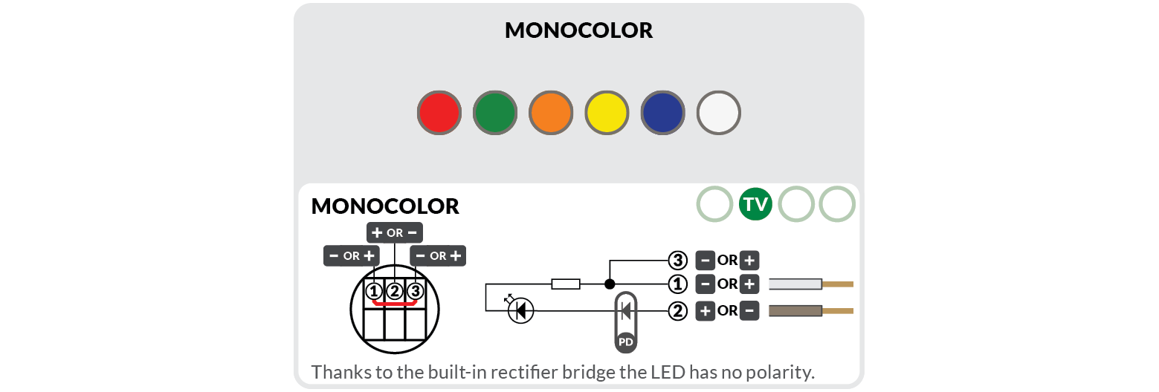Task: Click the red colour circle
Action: pos(439,114)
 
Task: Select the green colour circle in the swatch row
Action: pos(495,114)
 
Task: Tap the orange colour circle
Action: pos(551,114)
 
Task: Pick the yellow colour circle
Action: pos(607,114)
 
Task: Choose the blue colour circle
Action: pos(662,114)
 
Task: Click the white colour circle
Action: pos(719,114)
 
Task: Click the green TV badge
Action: pos(756,204)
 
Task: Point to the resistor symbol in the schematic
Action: pos(565,284)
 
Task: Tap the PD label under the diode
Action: pos(625,342)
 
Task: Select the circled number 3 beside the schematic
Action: pos(677,261)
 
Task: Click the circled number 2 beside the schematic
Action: pos(677,311)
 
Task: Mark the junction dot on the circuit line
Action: pos(610,284)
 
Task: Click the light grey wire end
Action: pos(795,284)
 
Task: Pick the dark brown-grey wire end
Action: pos(795,310)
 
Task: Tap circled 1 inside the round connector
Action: pos(374,291)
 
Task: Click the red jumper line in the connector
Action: pos(394,303)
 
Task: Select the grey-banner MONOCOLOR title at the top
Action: pos(578,30)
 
